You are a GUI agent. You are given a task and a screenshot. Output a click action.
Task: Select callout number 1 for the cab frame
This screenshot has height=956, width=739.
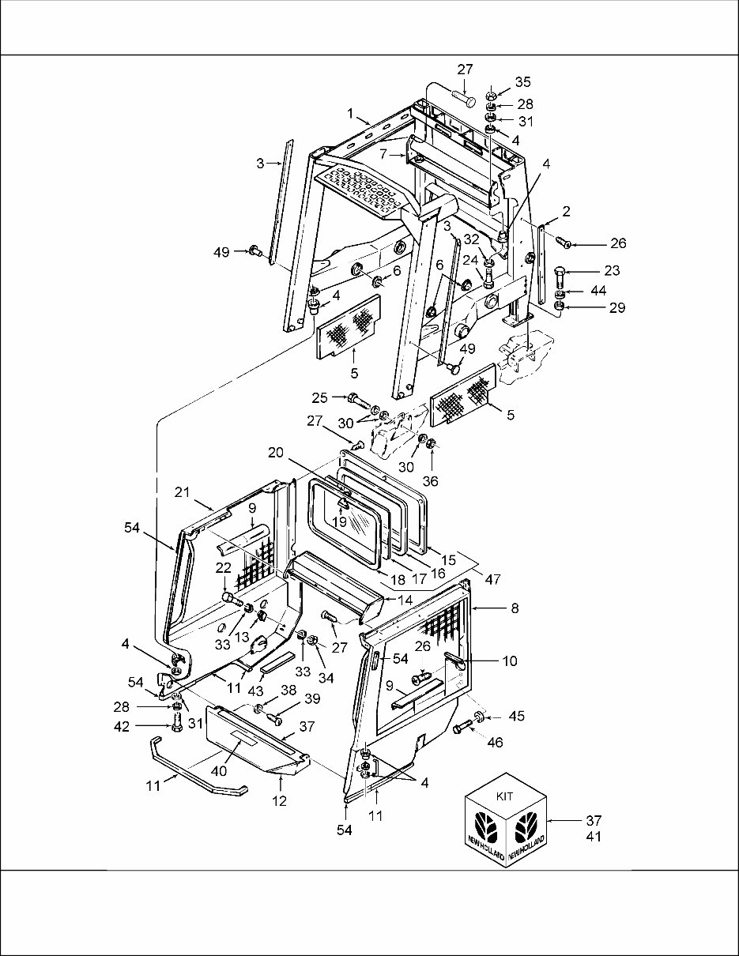(349, 113)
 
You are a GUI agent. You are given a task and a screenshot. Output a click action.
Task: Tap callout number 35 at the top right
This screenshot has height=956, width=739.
(524, 81)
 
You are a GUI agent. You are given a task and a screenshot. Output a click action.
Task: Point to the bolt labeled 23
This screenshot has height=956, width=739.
(560, 275)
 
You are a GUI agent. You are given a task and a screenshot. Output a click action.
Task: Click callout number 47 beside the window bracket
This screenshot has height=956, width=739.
(492, 579)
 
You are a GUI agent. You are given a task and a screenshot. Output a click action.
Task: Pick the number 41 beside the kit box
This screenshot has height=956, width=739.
(594, 837)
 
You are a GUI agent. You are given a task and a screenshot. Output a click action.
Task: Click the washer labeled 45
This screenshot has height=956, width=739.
(479, 717)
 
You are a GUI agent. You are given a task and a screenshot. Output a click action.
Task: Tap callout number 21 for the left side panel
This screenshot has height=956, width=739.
(183, 491)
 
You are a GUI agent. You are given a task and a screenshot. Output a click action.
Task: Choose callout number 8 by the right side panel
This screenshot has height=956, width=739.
(515, 609)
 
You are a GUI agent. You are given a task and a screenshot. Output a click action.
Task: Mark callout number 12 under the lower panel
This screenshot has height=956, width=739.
(281, 800)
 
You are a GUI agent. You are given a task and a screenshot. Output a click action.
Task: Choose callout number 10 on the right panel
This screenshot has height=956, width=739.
(511, 661)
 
